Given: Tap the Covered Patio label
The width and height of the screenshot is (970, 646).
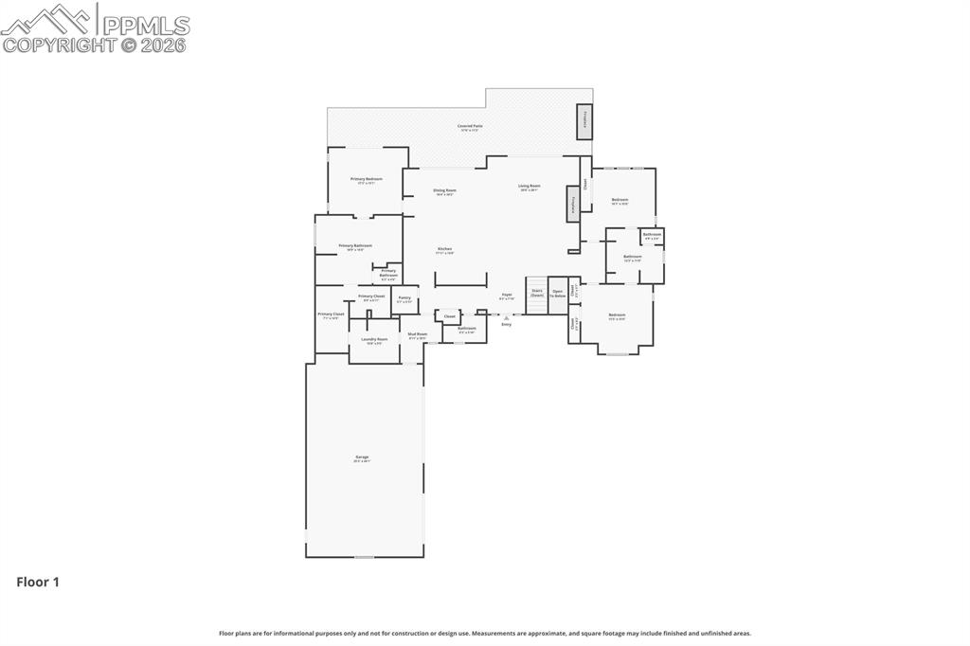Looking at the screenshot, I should click(x=470, y=127).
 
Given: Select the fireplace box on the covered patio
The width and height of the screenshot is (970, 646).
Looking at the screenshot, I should click(x=585, y=121).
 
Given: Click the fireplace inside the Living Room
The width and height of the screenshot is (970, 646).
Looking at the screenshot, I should click(x=572, y=204).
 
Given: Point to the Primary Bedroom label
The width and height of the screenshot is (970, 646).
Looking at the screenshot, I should click(x=367, y=180).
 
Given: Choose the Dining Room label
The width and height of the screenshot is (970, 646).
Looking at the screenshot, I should click(x=445, y=191).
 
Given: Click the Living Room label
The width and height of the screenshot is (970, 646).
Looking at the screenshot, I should click(x=529, y=187).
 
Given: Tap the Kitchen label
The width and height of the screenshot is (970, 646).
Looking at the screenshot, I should click(x=445, y=251).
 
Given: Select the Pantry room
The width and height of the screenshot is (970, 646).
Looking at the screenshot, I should click(x=404, y=299).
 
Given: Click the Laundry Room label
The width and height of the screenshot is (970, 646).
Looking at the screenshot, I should click(x=374, y=340).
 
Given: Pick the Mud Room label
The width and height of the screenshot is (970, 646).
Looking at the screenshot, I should click(x=418, y=335).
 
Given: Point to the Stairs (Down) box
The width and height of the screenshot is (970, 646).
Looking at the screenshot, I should click(x=537, y=293).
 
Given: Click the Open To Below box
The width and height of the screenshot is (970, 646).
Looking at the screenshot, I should click(x=558, y=293).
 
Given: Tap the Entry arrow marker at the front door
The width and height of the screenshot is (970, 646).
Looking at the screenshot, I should click(x=506, y=318).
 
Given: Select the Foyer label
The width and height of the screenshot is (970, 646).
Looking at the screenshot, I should click(x=507, y=296).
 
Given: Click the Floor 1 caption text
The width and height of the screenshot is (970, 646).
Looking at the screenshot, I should click(x=38, y=583).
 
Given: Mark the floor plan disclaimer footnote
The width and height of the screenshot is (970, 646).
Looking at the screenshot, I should click(x=485, y=633).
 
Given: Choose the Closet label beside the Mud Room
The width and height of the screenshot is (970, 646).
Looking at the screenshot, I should click(x=450, y=316).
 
